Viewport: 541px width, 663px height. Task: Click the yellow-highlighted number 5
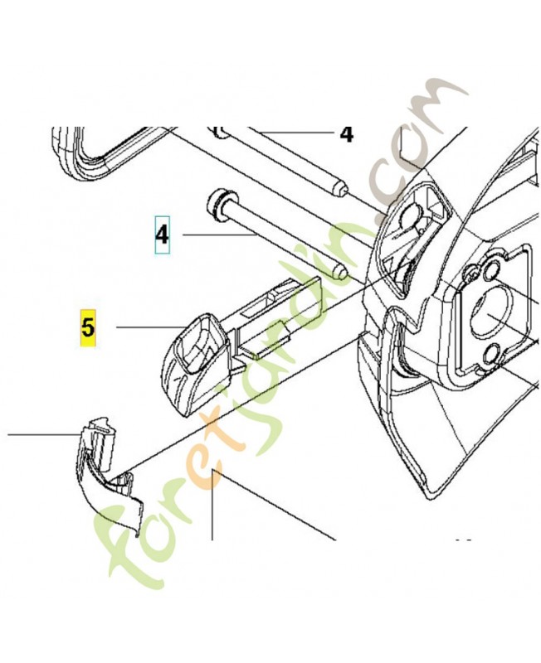click(x=88, y=327)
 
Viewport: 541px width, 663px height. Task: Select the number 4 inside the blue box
click(x=162, y=235)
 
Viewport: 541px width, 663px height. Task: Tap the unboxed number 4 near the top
click(x=346, y=134)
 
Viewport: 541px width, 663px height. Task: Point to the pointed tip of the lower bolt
click(x=342, y=273)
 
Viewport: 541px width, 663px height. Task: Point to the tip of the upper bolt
click(x=342, y=189)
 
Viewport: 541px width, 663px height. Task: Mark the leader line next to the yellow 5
click(x=149, y=327)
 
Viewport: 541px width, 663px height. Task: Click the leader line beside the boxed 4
click(x=219, y=235)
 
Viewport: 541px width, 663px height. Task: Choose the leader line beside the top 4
click(x=295, y=133)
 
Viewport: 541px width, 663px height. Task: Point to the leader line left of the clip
click(x=43, y=433)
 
